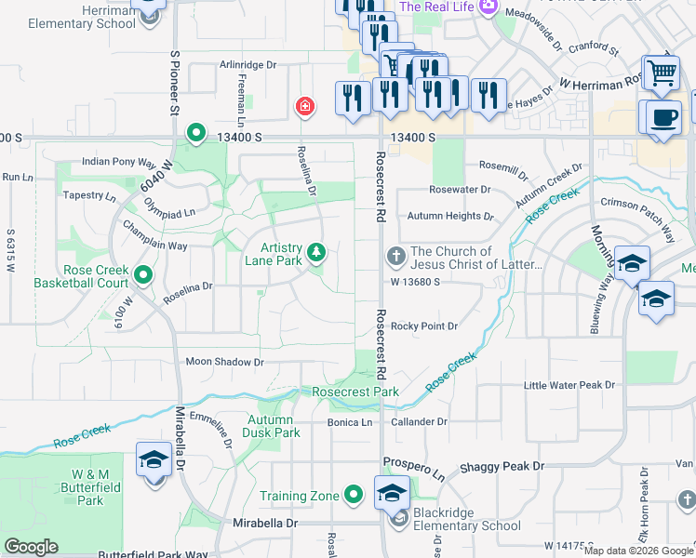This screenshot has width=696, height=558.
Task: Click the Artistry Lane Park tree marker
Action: click(x=317, y=253)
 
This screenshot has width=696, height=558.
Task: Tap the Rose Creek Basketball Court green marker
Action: click(x=143, y=275)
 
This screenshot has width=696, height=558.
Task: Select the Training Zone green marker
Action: click(x=353, y=495)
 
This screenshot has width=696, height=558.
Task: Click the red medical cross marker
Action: click(x=303, y=107)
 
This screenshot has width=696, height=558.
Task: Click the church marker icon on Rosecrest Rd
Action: click(x=395, y=255)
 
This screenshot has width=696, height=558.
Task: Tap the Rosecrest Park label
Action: click(x=355, y=392)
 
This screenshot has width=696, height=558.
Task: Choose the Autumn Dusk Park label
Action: click(x=274, y=426)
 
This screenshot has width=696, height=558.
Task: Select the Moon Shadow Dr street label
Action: click(x=225, y=362)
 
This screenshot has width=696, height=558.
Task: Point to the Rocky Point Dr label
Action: click(x=424, y=325)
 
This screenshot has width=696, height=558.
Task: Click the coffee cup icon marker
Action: click(x=666, y=118)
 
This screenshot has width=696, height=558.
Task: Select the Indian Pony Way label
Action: click(x=118, y=162)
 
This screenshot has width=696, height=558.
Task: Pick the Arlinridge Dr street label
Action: click(x=248, y=65)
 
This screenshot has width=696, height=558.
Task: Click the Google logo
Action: click(x=32, y=547)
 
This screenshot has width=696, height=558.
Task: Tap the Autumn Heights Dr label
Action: click(x=450, y=216)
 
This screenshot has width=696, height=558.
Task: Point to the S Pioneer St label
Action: click(x=173, y=83)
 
